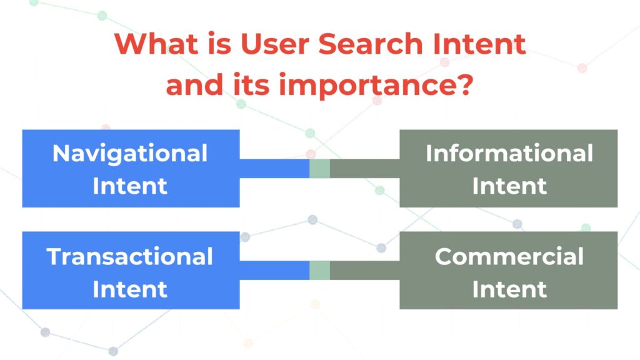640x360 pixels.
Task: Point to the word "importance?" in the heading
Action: click(376, 85)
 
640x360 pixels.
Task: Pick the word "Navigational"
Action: click(130, 154)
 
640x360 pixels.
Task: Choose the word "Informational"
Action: click(509, 153)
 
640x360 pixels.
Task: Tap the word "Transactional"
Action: click(130, 256)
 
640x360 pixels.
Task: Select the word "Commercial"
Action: click(509, 256)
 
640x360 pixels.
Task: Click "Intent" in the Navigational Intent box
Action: click(130, 186)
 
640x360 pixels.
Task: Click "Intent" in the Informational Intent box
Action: click(509, 186)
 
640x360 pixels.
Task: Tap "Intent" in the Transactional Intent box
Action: click(130, 289)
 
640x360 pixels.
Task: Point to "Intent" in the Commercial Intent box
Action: click(509, 289)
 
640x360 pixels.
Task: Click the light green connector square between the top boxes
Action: click(319, 169)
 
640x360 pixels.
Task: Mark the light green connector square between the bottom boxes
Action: click(319, 271)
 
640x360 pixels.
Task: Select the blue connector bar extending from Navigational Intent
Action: click(274, 169)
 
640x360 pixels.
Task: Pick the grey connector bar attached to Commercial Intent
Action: click(365, 271)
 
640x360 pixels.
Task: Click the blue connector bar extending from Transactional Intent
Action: click(274, 271)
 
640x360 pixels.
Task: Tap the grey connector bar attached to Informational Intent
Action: click(365, 169)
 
